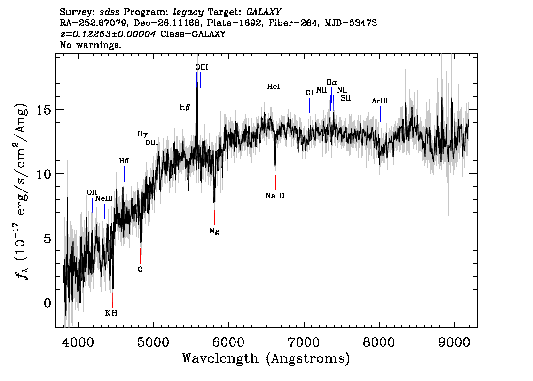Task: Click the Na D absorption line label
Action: click(x=275, y=196)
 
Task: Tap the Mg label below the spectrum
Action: click(x=214, y=231)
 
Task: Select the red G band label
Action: click(x=141, y=270)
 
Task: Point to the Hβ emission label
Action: click(x=185, y=108)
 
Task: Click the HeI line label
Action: click(x=273, y=87)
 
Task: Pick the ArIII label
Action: click(x=380, y=101)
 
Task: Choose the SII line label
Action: click(x=346, y=98)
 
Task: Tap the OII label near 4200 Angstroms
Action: click(x=92, y=192)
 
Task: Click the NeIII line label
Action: click(x=104, y=198)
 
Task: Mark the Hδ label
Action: click(x=124, y=160)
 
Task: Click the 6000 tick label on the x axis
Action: click(x=228, y=342)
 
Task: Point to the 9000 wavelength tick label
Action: click(x=454, y=342)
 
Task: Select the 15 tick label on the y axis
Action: click(x=44, y=110)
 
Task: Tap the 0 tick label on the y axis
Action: click(x=47, y=302)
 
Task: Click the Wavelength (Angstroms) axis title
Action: click(x=266, y=358)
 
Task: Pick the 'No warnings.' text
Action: click(x=90, y=45)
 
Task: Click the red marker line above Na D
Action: click(x=275, y=183)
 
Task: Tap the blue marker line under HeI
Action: click(x=274, y=99)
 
